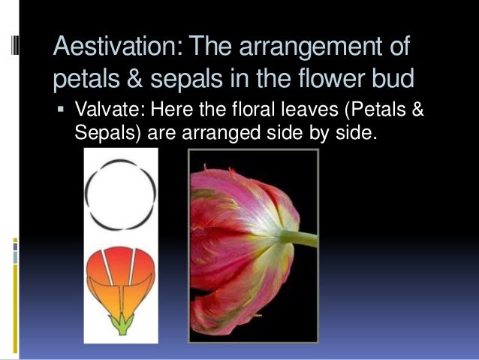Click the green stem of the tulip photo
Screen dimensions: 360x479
pos(300,239)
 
